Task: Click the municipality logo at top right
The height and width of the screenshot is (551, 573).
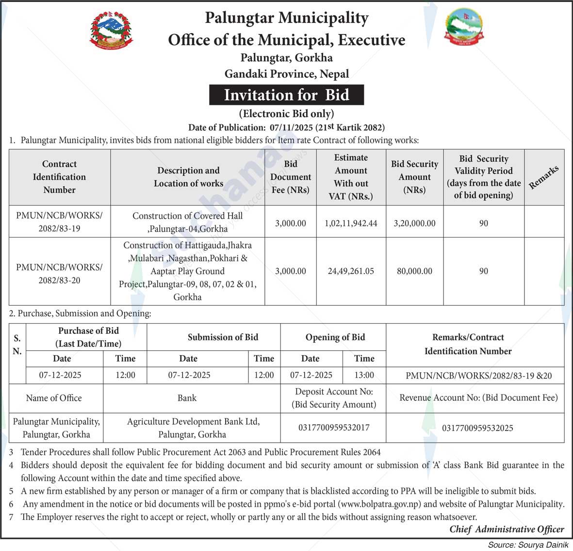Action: pos(463,26)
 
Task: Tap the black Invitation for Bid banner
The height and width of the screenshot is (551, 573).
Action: pos(286,95)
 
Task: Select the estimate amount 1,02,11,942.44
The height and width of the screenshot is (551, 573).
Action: pos(351,224)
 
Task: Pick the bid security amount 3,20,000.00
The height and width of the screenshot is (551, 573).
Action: pos(414,224)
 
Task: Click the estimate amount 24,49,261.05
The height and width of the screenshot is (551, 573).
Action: pos(351,271)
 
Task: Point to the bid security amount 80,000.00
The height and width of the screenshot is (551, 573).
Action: pos(414,271)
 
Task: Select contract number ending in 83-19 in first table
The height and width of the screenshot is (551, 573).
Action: pos(59,222)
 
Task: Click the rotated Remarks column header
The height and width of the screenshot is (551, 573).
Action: pos(544,177)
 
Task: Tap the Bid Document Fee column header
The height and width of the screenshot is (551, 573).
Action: pos(291,177)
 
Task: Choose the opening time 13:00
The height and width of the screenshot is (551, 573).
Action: pos(364,375)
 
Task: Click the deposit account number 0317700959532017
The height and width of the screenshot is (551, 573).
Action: pos(333,428)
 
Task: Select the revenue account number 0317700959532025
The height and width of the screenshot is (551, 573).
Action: pos(477,428)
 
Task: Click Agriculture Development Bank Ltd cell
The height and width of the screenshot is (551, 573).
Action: pos(193,428)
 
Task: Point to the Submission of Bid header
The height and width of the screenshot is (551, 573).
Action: pos(223,337)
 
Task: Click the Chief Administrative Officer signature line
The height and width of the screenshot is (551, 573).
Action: pos(507,530)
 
